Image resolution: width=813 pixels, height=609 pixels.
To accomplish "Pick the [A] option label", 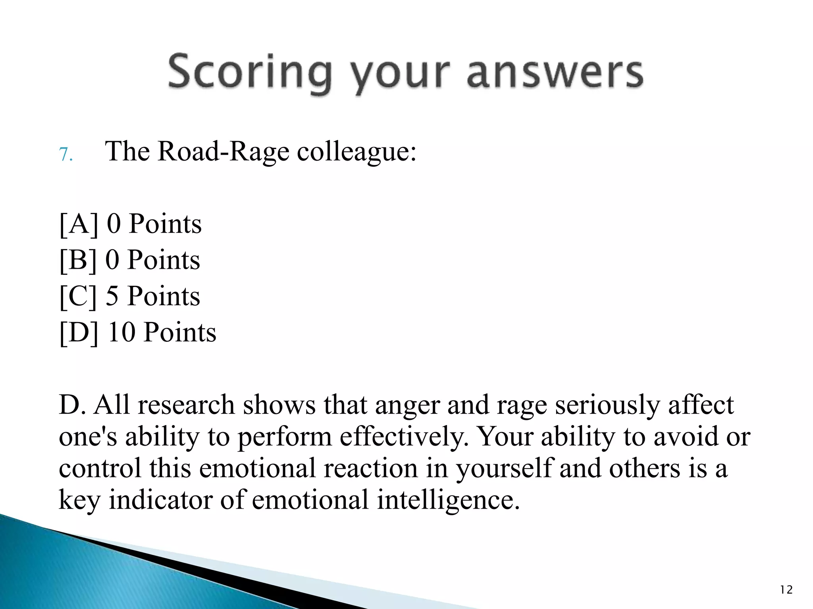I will pyautogui.click(x=79, y=224).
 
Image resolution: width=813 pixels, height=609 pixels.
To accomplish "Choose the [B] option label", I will pyautogui.click(x=78, y=260).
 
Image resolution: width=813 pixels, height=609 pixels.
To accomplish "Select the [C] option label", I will pyautogui.click(x=78, y=296).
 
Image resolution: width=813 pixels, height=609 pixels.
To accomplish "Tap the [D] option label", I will pyautogui.click(x=79, y=332).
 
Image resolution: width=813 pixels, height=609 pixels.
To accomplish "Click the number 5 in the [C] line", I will pyautogui.click(x=112, y=296).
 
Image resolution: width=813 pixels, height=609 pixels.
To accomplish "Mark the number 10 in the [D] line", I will pyautogui.click(x=122, y=332).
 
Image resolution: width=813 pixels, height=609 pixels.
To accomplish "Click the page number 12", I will pyautogui.click(x=786, y=590).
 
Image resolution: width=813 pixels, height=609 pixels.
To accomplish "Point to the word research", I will pyautogui.click(x=186, y=405).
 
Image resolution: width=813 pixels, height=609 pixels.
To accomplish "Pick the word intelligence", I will pyautogui.click(x=448, y=500).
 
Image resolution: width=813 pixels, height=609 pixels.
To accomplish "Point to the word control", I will pyautogui.click(x=100, y=468).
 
